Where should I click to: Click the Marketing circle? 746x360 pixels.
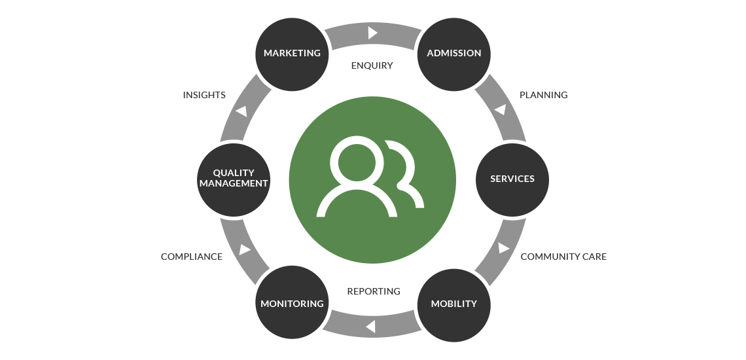[292, 53]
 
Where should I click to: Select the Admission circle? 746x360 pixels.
[453, 53]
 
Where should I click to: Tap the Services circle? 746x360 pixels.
[512, 179]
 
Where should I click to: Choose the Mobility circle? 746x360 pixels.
[453, 304]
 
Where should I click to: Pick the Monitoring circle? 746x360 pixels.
[292, 304]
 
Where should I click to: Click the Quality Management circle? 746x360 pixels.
[234, 179]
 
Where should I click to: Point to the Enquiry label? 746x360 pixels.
[372, 65]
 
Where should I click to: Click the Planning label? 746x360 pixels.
[543, 95]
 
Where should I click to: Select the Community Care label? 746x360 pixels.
[563, 257]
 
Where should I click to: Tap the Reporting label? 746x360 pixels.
[374, 291]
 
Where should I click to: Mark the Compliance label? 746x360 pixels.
[192, 257]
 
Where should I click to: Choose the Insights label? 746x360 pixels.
[204, 95]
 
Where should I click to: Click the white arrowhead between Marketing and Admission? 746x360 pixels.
[372, 32]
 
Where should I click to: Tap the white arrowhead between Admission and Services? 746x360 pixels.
[501, 109]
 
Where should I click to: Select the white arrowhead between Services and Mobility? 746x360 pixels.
[503, 248]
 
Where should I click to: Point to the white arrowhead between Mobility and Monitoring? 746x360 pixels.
[370, 325]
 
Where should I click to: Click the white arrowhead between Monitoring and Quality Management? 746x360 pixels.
[245, 249]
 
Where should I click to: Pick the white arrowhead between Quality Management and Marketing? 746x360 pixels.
[241, 111]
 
